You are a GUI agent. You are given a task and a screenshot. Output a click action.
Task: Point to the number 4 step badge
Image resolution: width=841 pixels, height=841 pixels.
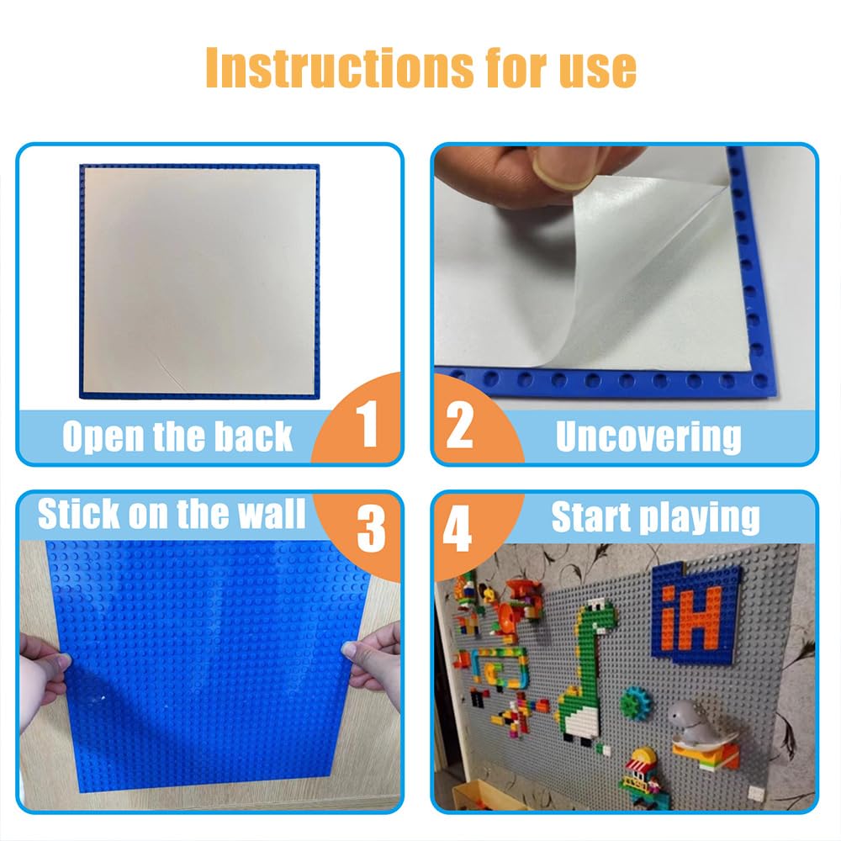click(457, 528)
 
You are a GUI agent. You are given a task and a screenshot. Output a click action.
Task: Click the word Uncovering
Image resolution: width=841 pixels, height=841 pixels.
click(648, 436)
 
